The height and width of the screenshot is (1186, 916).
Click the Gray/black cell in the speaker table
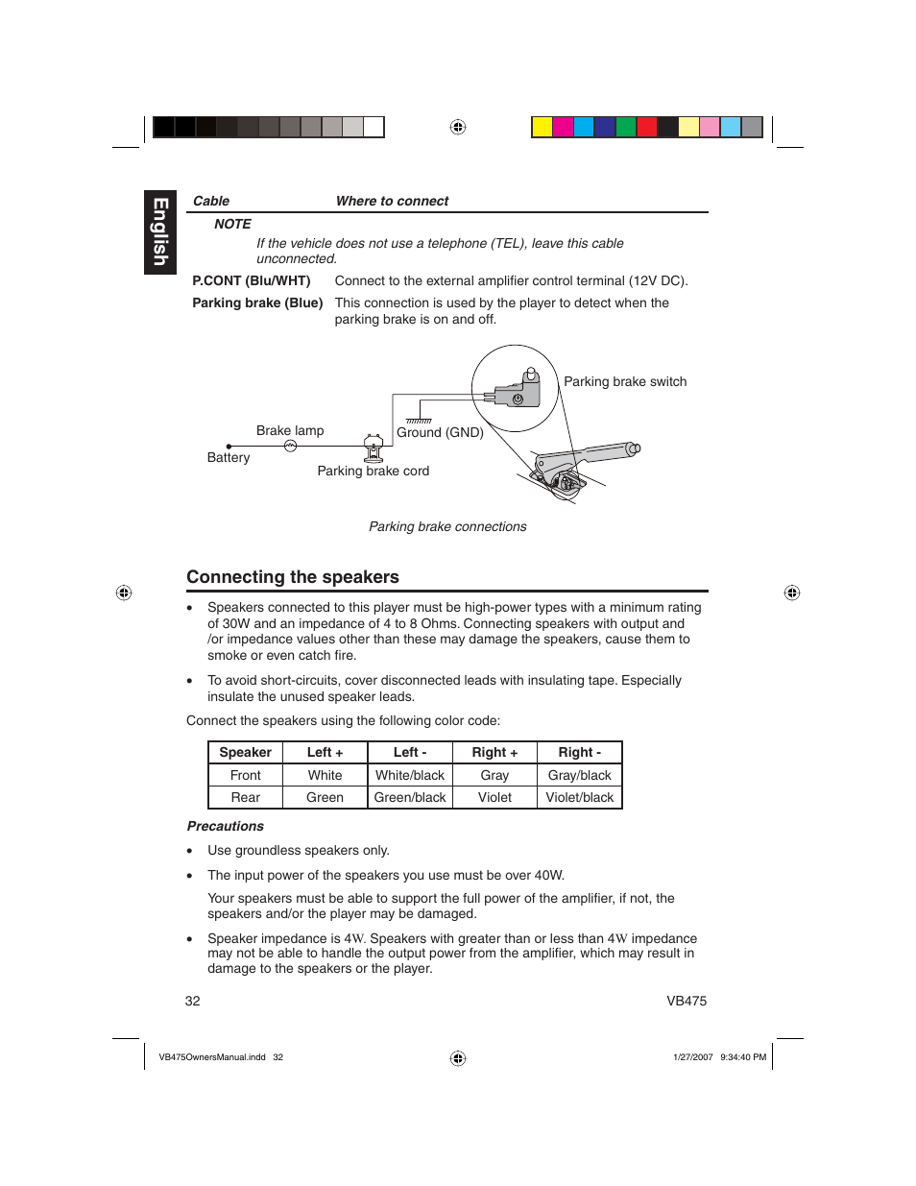pos(579,775)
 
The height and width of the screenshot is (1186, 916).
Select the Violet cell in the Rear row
pos(494,797)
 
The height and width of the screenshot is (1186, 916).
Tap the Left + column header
pos(325,753)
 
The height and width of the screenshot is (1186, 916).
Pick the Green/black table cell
pos(410,797)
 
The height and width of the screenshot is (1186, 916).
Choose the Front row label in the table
pos(245,775)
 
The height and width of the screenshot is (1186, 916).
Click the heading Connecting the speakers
pos(293,577)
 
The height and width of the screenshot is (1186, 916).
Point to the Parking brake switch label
pos(625,381)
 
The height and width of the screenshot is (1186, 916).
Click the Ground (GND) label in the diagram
pos(440,432)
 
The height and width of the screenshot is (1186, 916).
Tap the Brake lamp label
pos(290,430)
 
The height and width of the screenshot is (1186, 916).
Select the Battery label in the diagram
pos(229,457)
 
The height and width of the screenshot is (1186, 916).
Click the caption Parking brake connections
pos(447,526)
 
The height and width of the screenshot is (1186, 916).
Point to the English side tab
pos(160,232)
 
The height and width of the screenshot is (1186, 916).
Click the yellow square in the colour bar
pos(542,127)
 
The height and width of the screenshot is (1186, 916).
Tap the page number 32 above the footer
pos(193,1001)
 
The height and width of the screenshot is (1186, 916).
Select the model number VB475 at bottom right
pos(687,1001)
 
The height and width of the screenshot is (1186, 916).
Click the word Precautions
pos(226,826)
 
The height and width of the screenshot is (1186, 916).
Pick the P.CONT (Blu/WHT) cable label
pos(252,280)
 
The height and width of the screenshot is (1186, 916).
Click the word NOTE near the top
pos(232,224)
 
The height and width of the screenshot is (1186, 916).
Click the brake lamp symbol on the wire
pos(290,446)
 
